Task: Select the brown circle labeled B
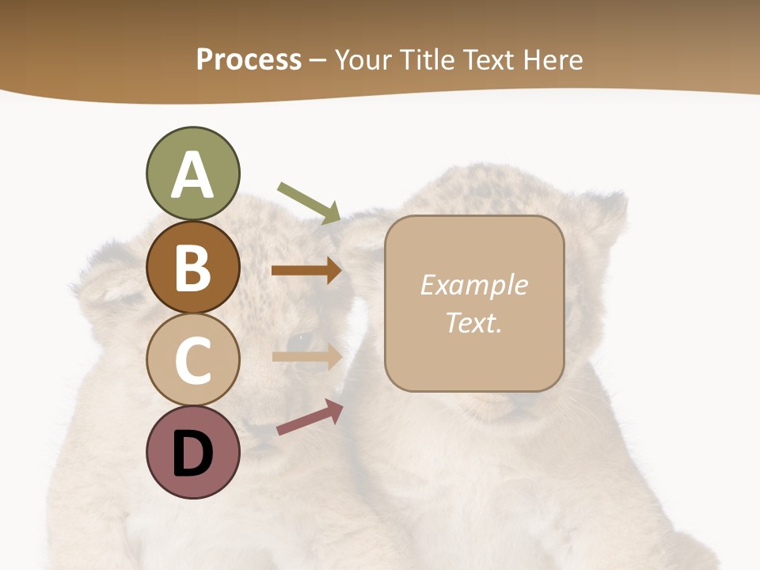pos(192,267)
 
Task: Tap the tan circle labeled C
pos(192,359)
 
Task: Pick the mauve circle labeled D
pos(192,452)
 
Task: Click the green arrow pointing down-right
pos(310,203)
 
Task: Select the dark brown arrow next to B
pos(306,271)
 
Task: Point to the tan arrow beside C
pos(306,356)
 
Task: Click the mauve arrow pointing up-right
pos(310,417)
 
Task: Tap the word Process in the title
pos(249,59)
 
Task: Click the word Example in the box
pos(473,285)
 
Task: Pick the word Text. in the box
pos(473,322)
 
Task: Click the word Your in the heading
pos(361,59)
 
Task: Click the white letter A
pos(192,175)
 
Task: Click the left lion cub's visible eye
pos(300,341)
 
